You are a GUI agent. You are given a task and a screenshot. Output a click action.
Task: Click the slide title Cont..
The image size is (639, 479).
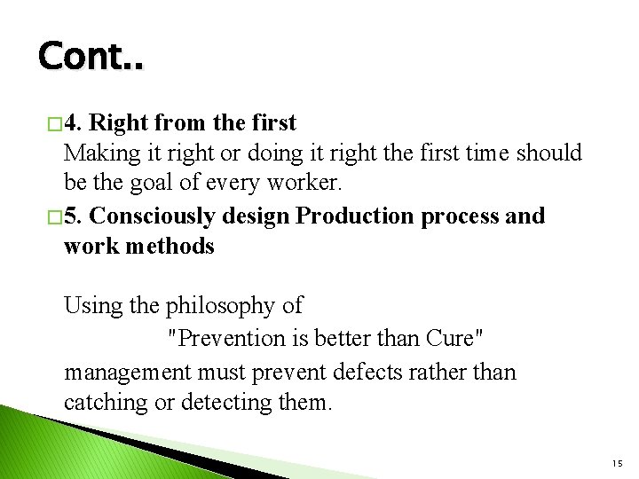coord(90,57)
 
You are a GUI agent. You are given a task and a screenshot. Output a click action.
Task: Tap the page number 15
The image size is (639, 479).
coord(617,464)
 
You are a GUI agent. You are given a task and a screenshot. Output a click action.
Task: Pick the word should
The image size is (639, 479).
coord(547,153)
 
